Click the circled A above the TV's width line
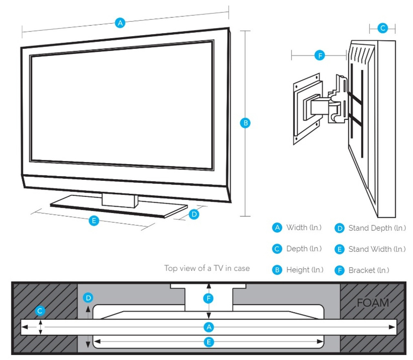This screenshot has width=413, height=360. tap(120, 23)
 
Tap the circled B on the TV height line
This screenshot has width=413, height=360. tap(245, 123)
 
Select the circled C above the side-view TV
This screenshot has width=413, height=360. tap(383, 28)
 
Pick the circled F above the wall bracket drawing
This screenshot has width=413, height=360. tap(320, 56)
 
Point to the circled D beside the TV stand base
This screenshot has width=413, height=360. tap(194, 214)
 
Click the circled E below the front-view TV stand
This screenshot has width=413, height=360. tap(94, 221)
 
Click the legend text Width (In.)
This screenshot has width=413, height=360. tap(304, 228)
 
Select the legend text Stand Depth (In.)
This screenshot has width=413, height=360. tap(377, 228)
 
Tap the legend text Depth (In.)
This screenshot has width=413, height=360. tap(304, 249)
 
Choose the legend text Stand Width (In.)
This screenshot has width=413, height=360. tap(377, 249)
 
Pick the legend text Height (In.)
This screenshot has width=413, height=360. tap(305, 270)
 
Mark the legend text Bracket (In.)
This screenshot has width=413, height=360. tap(368, 270)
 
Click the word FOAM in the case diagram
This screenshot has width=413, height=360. tap(373, 303)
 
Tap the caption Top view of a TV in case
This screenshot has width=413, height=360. tap(207, 268)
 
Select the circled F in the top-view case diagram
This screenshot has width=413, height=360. tap(209, 298)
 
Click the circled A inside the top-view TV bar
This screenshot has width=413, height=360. tap(209, 327)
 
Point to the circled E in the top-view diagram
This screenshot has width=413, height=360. tap(209, 342)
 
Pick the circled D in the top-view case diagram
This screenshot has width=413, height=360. tap(88, 298)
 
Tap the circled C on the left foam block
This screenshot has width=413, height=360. tap(40, 311)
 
